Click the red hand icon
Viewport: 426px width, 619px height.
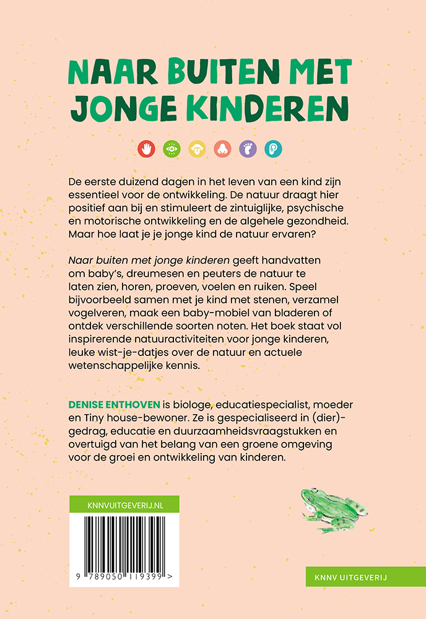point(147,149)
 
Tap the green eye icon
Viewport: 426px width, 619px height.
point(172,149)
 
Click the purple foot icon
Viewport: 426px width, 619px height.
point(248,149)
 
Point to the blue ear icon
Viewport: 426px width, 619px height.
point(273,149)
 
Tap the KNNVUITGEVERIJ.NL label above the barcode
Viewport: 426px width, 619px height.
point(124,504)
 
